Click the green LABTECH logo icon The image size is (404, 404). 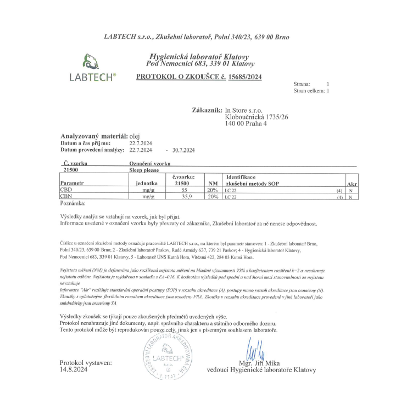(x=90, y=63)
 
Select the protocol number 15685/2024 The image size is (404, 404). (x=245, y=77)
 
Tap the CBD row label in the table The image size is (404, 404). (x=66, y=190)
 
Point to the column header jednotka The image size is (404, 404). (x=147, y=184)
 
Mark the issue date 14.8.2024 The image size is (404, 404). (x=74, y=369)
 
